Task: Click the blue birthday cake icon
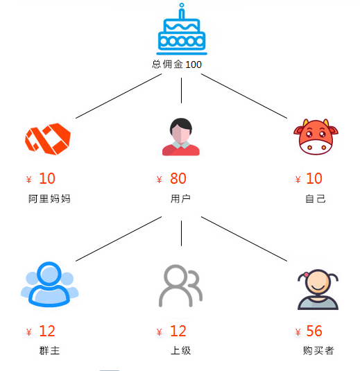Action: pyautogui.click(x=182, y=30)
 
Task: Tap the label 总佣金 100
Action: pyautogui.click(x=177, y=64)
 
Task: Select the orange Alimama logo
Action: pyautogui.click(x=48, y=139)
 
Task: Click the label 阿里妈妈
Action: pyautogui.click(x=49, y=199)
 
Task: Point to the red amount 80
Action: pyautogui.click(x=178, y=178)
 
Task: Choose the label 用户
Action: pyautogui.click(x=180, y=199)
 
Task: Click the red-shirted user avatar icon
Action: pyautogui.click(x=181, y=137)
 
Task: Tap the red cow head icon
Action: pyautogui.click(x=316, y=137)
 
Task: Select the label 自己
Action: pyautogui.click(x=316, y=199)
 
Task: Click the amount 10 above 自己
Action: pyautogui.click(x=314, y=178)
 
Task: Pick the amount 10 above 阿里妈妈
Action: pyautogui.click(x=47, y=178)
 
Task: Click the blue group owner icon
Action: pyautogui.click(x=49, y=284)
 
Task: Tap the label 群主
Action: pyautogui.click(x=49, y=350)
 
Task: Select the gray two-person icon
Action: pyautogui.click(x=180, y=286)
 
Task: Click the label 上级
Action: pyautogui.click(x=180, y=350)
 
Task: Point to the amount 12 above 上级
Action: pyautogui.click(x=178, y=331)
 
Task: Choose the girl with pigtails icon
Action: pyautogui.click(x=318, y=289)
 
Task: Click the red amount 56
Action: pyautogui.click(x=314, y=331)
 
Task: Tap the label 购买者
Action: pyautogui.click(x=318, y=350)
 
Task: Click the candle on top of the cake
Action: pyautogui.click(x=182, y=11)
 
